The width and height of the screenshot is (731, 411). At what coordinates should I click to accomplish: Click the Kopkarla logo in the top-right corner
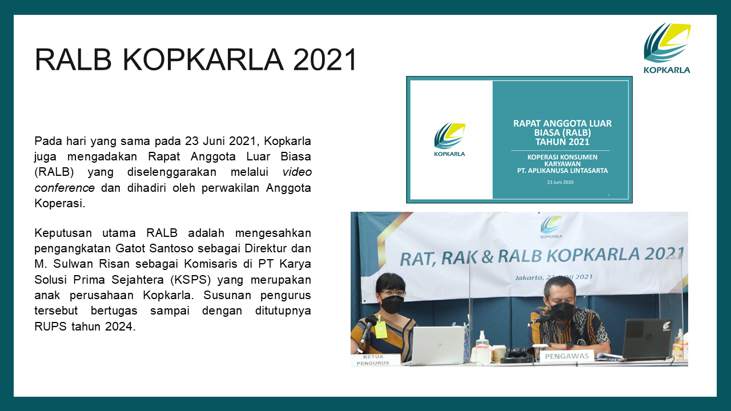click(x=667, y=48)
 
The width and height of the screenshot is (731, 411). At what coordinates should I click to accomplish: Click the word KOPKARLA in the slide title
click(x=203, y=60)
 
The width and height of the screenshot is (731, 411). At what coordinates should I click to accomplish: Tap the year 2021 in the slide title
click(x=325, y=60)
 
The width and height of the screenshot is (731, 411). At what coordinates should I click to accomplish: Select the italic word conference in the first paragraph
click(x=65, y=188)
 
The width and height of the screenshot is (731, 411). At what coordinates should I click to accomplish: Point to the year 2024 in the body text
click(x=120, y=326)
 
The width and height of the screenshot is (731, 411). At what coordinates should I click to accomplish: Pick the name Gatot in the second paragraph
click(x=130, y=248)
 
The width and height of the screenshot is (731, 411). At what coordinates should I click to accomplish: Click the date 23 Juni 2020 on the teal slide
click(x=560, y=182)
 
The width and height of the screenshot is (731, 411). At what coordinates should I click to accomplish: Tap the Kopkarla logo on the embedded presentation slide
click(x=449, y=140)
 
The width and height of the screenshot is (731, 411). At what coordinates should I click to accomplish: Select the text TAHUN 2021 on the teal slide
click(x=563, y=142)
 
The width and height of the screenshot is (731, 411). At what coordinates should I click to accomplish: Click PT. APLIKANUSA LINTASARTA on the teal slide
click(x=563, y=171)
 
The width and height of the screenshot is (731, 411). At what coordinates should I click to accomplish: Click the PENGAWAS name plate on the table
click(x=567, y=356)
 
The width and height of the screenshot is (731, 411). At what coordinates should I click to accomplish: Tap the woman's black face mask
click(x=392, y=304)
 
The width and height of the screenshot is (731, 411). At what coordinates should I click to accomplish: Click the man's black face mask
click(x=563, y=311)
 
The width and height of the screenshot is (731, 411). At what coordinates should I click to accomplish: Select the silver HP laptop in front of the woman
click(x=437, y=345)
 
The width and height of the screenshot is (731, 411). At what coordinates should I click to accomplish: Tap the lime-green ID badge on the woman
click(x=380, y=329)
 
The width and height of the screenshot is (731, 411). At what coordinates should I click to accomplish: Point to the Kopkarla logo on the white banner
click(x=551, y=227)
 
